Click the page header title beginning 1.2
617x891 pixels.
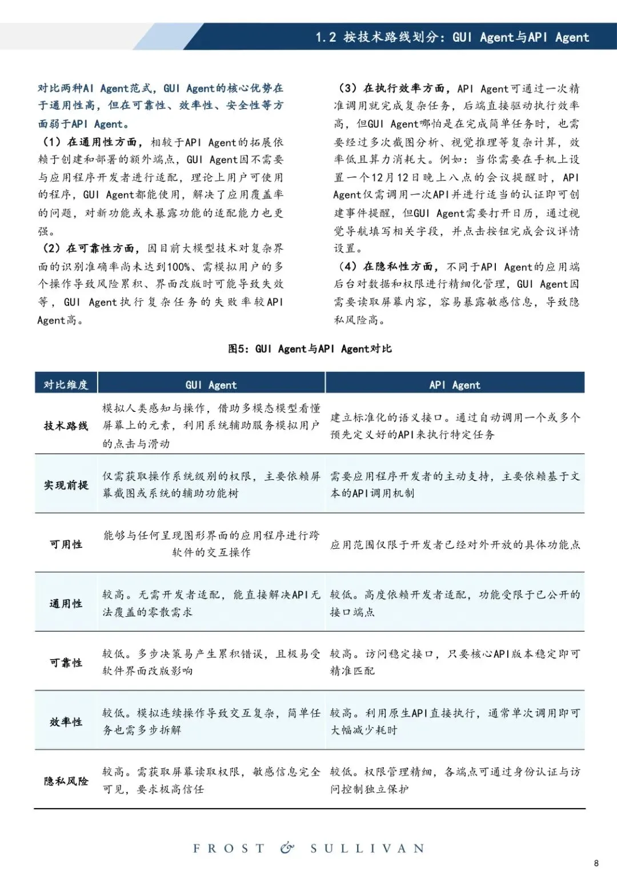click(452, 37)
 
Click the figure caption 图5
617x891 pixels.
click(310, 348)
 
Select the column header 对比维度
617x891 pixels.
click(66, 384)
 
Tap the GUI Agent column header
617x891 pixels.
click(211, 385)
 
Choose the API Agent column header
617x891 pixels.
click(455, 385)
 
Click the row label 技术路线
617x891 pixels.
click(66, 426)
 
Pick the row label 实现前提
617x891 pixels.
click(66, 485)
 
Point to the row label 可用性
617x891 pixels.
click(66, 544)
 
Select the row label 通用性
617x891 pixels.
click(66, 603)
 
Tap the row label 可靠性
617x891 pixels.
click(66, 663)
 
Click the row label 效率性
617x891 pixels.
click(66, 722)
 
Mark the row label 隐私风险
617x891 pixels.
click(66, 781)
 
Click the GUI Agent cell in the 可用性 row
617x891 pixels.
click(211, 544)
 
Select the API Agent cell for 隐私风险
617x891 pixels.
click(455, 780)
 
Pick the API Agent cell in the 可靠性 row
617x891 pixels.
click(455, 662)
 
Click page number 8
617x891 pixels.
click(596, 863)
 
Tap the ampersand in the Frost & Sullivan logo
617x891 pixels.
click(287, 848)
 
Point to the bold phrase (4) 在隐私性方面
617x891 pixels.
click(388, 267)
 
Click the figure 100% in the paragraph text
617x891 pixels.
click(179, 267)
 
